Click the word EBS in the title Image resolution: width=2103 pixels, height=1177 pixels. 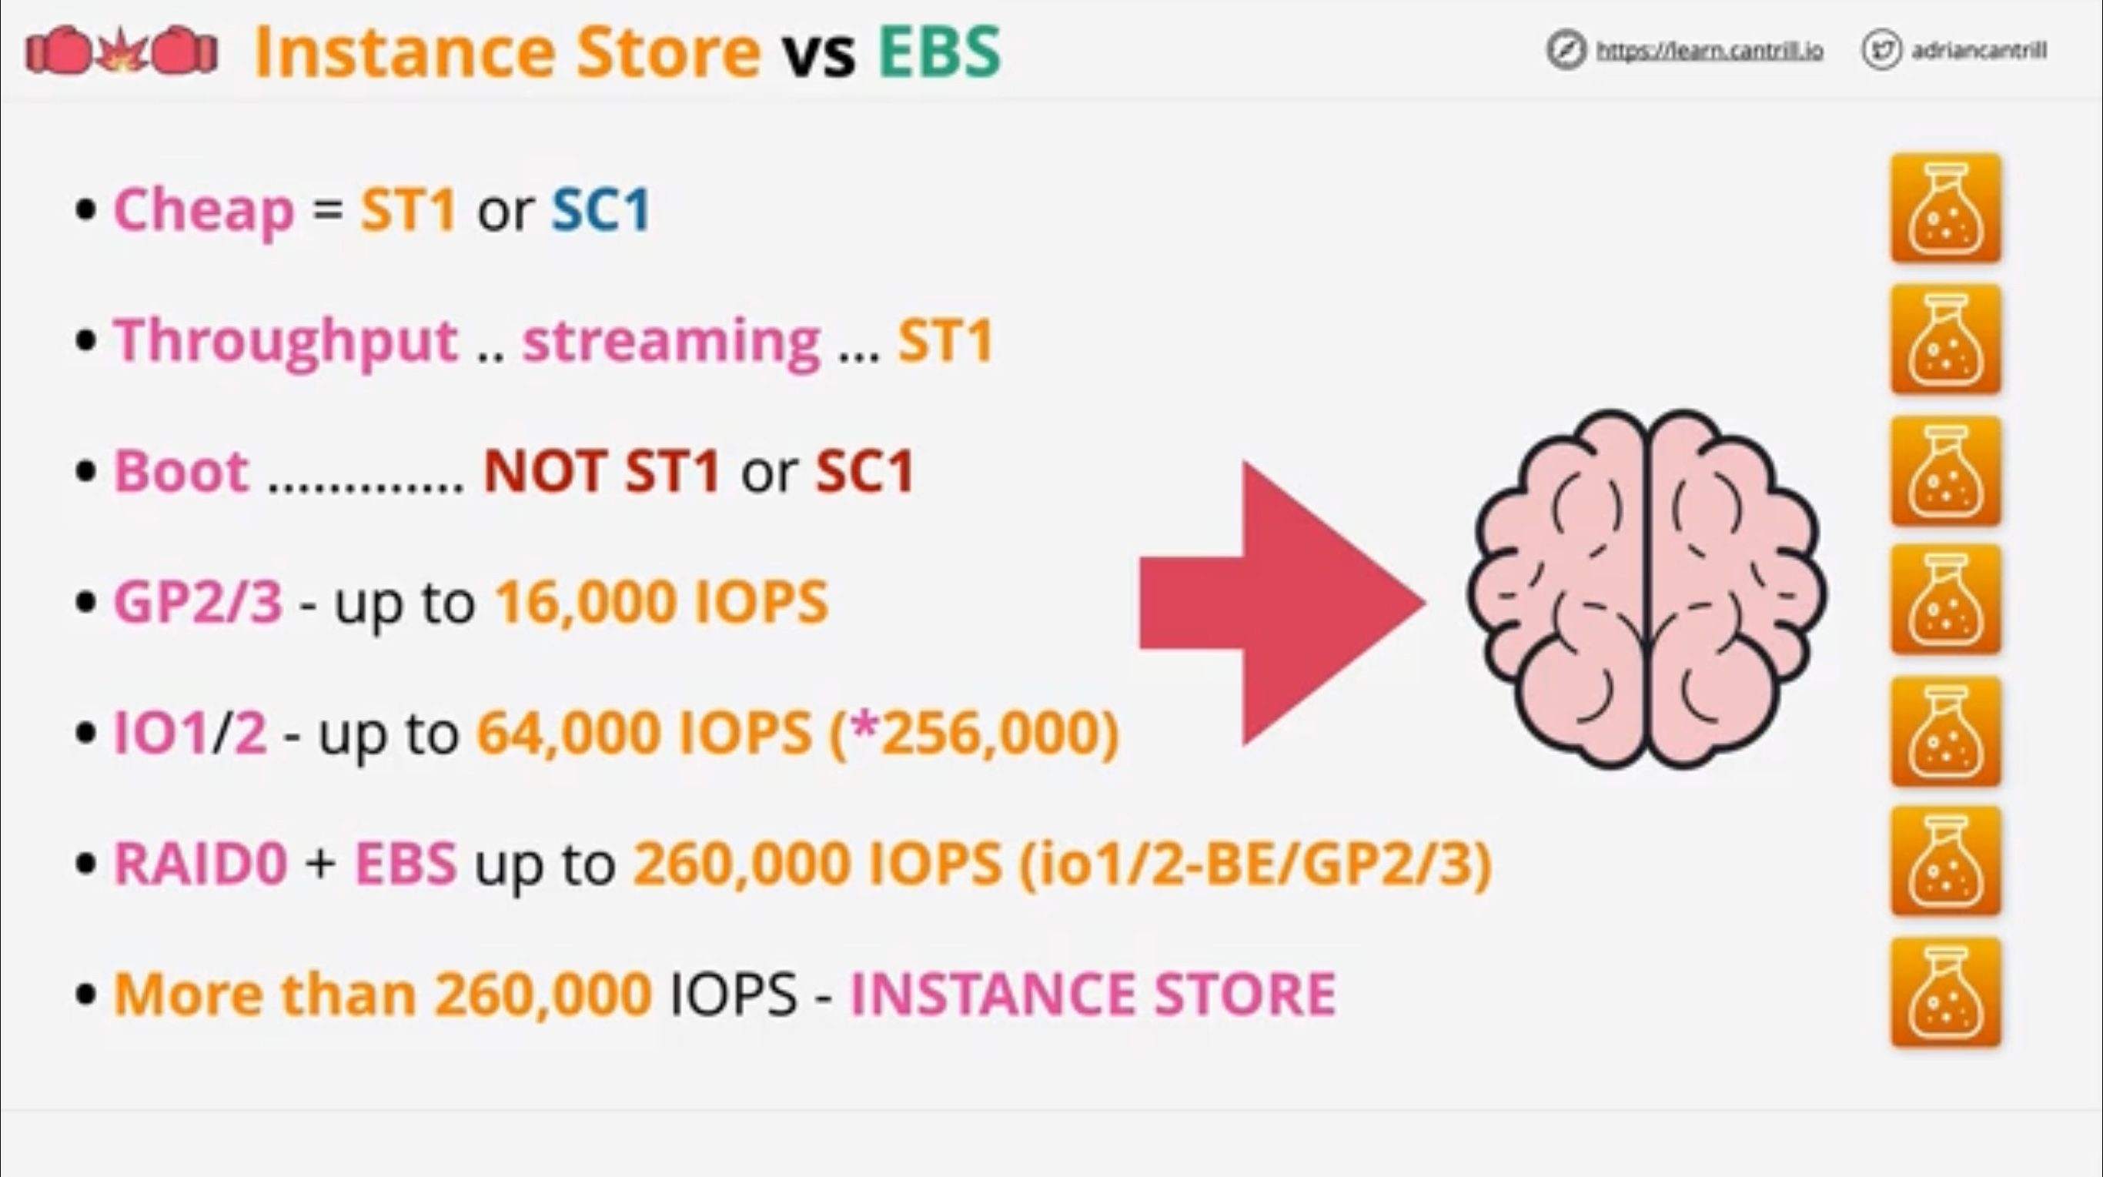click(x=939, y=52)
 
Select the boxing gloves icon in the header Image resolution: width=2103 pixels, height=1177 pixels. click(x=122, y=51)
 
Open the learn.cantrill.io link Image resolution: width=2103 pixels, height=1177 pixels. click(x=1710, y=51)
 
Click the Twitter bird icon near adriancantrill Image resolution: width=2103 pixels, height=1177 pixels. click(x=1882, y=51)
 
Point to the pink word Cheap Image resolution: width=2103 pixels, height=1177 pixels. click(x=203, y=211)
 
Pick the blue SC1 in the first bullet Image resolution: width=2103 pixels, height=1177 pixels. click(x=601, y=211)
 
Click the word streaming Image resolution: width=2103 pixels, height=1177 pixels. click(x=671, y=341)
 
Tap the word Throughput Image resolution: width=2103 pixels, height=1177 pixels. click(x=286, y=341)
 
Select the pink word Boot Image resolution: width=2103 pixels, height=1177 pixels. click(x=181, y=472)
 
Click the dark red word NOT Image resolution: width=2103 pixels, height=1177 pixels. click(x=544, y=472)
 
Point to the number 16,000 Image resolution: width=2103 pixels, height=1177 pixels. click(x=584, y=603)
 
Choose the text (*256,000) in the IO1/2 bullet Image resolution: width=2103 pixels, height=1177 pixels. click(x=973, y=733)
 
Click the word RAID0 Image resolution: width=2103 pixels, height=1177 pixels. click(x=201, y=864)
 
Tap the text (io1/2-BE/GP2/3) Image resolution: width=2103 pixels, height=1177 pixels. click(x=1255, y=864)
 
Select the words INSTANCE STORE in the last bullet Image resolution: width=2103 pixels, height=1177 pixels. click(x=1092, y=994)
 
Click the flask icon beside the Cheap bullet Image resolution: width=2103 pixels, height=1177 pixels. click(x=1945, y=209)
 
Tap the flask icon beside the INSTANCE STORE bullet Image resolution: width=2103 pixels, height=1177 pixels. click(x=1945, y=992)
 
